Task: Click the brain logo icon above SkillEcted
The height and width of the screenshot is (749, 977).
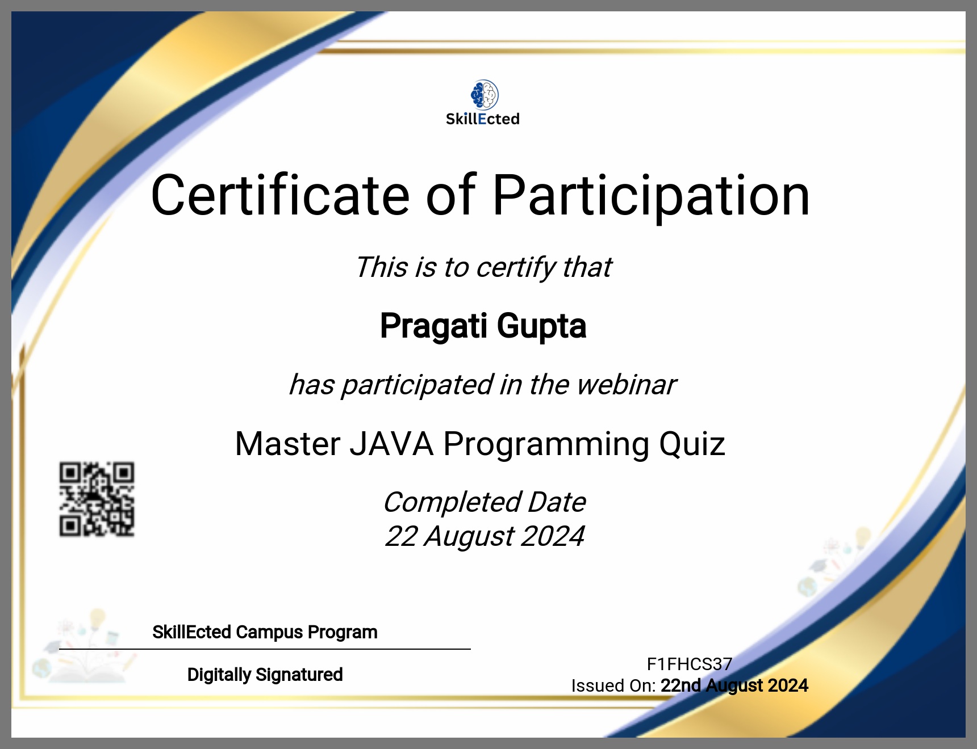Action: pos(485,95)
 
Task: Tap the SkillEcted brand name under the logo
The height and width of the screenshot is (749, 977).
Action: pos(483,119)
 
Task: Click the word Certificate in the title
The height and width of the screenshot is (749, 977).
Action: pos(281,195)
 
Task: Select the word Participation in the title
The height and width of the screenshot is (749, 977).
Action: pos(651,196)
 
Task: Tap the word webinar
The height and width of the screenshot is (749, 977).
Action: pos(626,384)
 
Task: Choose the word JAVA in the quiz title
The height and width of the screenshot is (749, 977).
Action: pos(391,444)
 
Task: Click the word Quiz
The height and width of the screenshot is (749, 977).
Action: pos(692,444)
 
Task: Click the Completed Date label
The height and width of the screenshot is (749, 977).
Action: pos(485,502)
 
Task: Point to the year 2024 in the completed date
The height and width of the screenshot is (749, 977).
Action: pos(552,536)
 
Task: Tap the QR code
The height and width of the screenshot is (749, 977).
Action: pos(97,499)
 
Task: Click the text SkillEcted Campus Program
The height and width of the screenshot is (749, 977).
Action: pos(265,632)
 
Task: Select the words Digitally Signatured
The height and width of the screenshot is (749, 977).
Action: pos(265,675)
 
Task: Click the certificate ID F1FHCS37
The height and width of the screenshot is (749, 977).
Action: pos(690,664)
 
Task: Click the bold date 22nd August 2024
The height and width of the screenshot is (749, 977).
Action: pos(734,685)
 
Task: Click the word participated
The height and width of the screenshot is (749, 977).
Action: pos(417,385)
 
